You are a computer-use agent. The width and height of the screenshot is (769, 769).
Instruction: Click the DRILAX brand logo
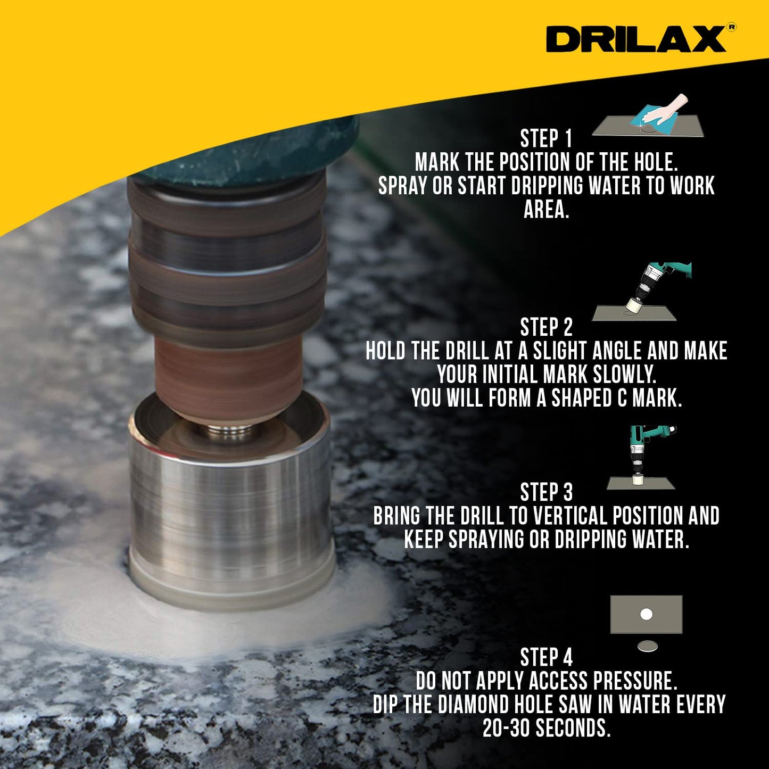point(636,39)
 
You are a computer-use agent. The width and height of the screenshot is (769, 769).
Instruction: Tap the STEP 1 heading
point(546,139)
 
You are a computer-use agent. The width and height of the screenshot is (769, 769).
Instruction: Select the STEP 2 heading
point(546,327)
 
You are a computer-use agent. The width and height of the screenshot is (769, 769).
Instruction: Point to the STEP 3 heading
point(546,492)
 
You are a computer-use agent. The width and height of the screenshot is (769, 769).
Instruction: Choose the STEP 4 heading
point(546,657)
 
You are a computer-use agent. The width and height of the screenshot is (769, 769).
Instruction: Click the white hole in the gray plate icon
point(646,614)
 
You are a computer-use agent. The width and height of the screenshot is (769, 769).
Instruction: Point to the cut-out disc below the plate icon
point(647,647)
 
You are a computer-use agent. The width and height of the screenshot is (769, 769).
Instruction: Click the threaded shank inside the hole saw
point(229,433)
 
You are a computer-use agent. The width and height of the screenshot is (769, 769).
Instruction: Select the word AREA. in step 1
point(546,209)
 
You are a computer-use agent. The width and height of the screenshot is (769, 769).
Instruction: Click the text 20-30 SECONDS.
point(546,728)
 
